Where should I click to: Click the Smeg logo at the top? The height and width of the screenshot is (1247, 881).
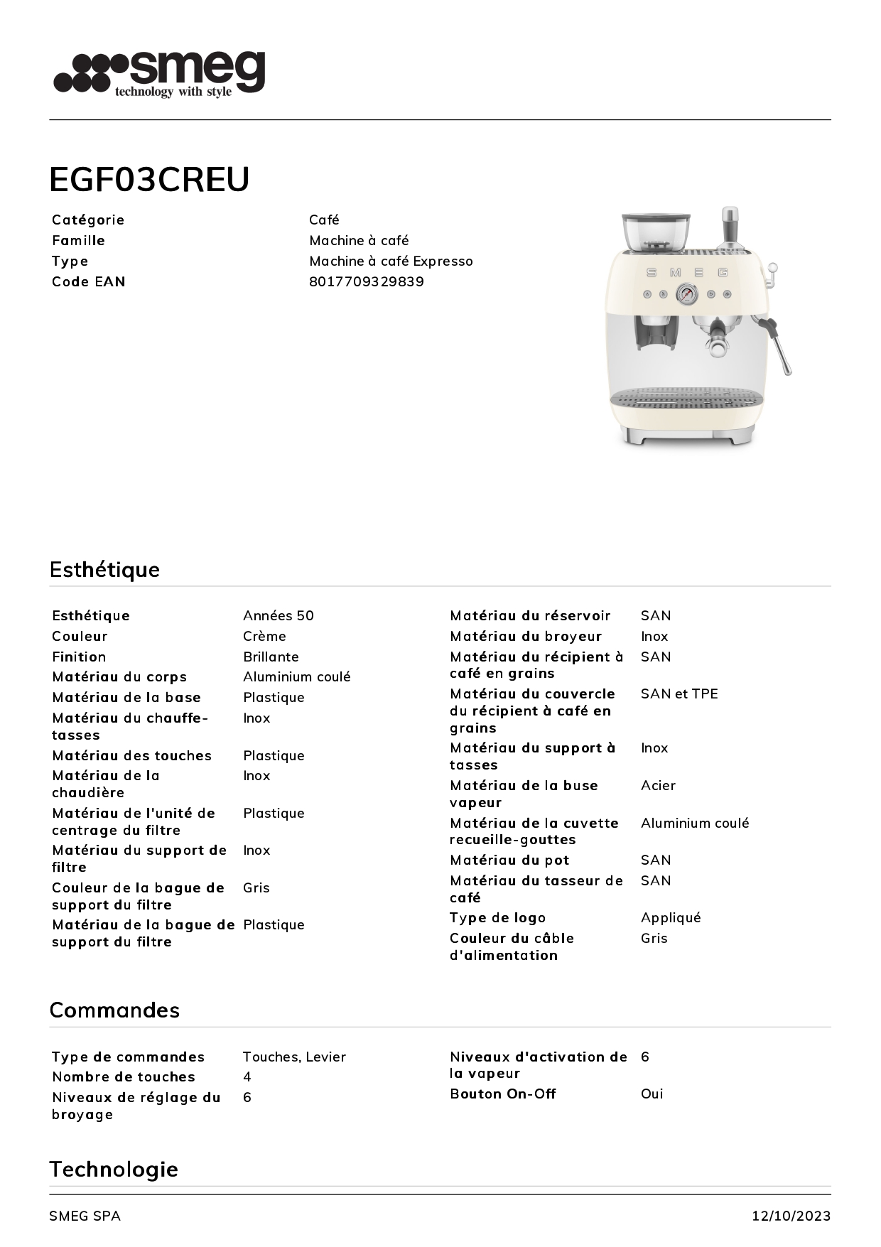tap(159, 73)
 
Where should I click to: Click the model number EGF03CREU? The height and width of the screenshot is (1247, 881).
tap(149, 179)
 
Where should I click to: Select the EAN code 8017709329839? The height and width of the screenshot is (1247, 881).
tap(366, 281)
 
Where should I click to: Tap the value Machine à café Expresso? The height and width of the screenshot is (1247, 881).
tap(391, 261)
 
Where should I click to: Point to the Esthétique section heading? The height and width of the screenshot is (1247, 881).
tap(104, 569)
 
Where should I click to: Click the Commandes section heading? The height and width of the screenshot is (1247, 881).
tap(114, 1010)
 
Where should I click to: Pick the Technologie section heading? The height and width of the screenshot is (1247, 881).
tap(113, 1169)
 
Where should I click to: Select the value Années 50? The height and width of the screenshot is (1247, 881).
tap(278, 615)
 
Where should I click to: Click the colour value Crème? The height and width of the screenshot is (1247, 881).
tap(264, 636)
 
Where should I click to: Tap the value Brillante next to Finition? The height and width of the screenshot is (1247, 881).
tap(271, 657)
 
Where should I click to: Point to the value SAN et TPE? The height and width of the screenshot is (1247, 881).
tap(679, 693)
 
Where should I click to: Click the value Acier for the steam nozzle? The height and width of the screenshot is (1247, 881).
tap(658, 785)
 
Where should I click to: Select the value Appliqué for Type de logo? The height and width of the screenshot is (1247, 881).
tap(670, 917)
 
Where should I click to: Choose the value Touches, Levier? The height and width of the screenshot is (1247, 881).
tap(294, 1057)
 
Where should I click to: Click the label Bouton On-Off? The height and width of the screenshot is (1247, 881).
tap(502, 1094)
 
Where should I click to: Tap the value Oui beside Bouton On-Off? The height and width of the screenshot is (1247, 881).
tap(652, 1094)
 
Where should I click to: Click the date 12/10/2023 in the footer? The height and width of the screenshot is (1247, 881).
tap(791, 1216)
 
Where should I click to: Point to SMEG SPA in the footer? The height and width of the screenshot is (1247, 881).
tap(85, 1216)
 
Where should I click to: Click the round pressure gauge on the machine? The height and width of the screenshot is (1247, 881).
tap(686, 293)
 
